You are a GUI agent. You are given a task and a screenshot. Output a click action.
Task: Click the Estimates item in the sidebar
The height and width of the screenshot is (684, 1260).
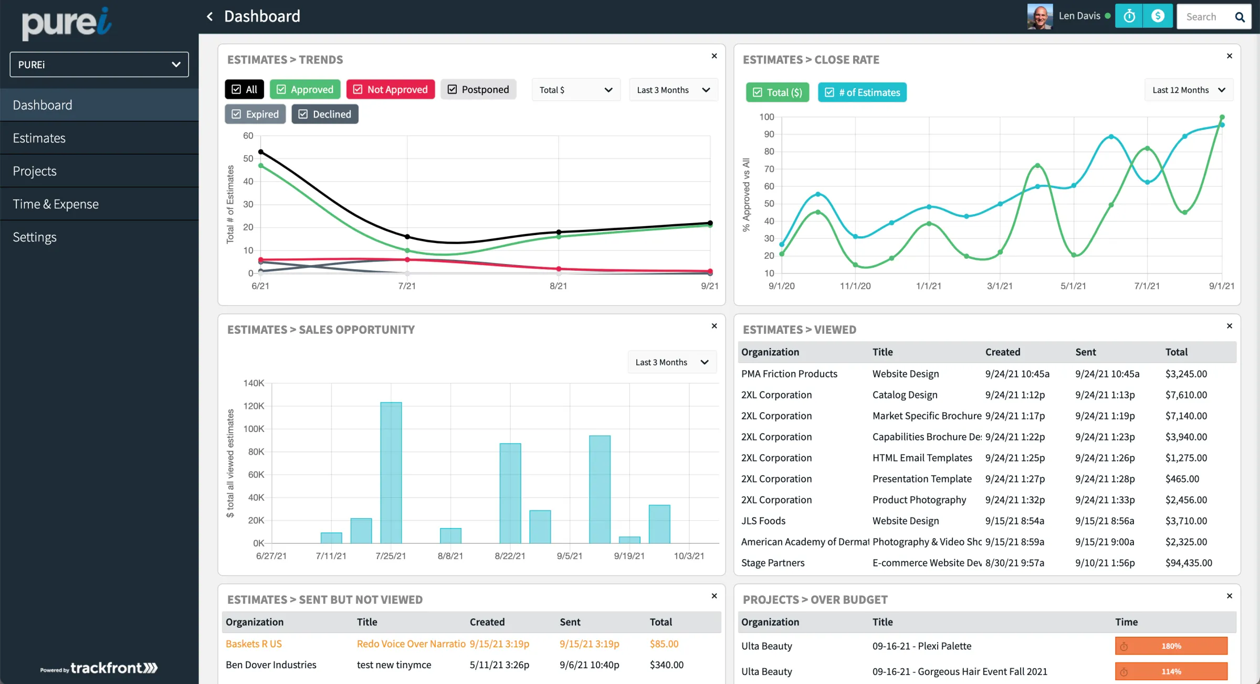(x=39, y=138)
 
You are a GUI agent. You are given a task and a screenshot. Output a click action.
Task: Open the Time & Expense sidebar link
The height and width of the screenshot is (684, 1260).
(x=56, y=204)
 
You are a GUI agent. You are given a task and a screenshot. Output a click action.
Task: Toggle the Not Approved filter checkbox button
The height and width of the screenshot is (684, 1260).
(x=391, y=89)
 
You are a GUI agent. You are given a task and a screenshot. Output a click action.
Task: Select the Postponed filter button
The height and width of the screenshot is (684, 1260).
(x=478, y=89)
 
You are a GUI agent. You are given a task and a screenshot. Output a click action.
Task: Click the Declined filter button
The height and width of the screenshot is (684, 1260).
(x=325, y=114)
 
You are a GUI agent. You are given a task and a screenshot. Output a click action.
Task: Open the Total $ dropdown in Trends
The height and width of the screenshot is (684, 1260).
(x=576, y=90)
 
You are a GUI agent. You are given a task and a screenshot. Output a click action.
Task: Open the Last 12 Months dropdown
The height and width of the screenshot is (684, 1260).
(x=1189, y=90)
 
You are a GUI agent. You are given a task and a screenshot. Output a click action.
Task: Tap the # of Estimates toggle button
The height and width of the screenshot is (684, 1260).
(x=862, y=92)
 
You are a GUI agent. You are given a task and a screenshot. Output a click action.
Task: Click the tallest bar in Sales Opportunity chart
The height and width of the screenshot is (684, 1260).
(x=391, y=472)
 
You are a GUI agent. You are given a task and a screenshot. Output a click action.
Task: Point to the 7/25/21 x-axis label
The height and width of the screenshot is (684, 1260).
(x=391, y=556)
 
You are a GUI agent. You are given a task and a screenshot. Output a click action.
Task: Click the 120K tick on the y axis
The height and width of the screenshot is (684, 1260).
(x=254, y=406)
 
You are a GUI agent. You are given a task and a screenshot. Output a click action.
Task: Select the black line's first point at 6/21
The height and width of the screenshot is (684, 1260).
(x=261, y=152)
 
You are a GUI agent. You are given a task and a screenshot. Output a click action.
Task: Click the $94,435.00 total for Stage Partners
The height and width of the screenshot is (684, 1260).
(x=1189, y=563)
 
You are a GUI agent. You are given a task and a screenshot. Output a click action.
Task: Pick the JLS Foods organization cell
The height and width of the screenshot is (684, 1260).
(x=763, y=521)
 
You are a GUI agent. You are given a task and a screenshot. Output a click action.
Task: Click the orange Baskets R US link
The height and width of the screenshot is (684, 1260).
(x=254, y=644)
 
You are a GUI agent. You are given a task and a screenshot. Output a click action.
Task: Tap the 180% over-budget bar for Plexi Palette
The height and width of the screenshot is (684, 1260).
(x=1171, y=646)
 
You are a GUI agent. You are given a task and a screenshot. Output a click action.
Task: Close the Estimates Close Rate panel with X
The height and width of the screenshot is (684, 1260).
(x=1230, y=56)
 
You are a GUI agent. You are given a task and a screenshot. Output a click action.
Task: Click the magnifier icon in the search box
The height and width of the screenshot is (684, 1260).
(x=1240, y=17)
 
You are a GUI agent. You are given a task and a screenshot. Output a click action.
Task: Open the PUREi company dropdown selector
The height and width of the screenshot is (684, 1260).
(x=99, y=65)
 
